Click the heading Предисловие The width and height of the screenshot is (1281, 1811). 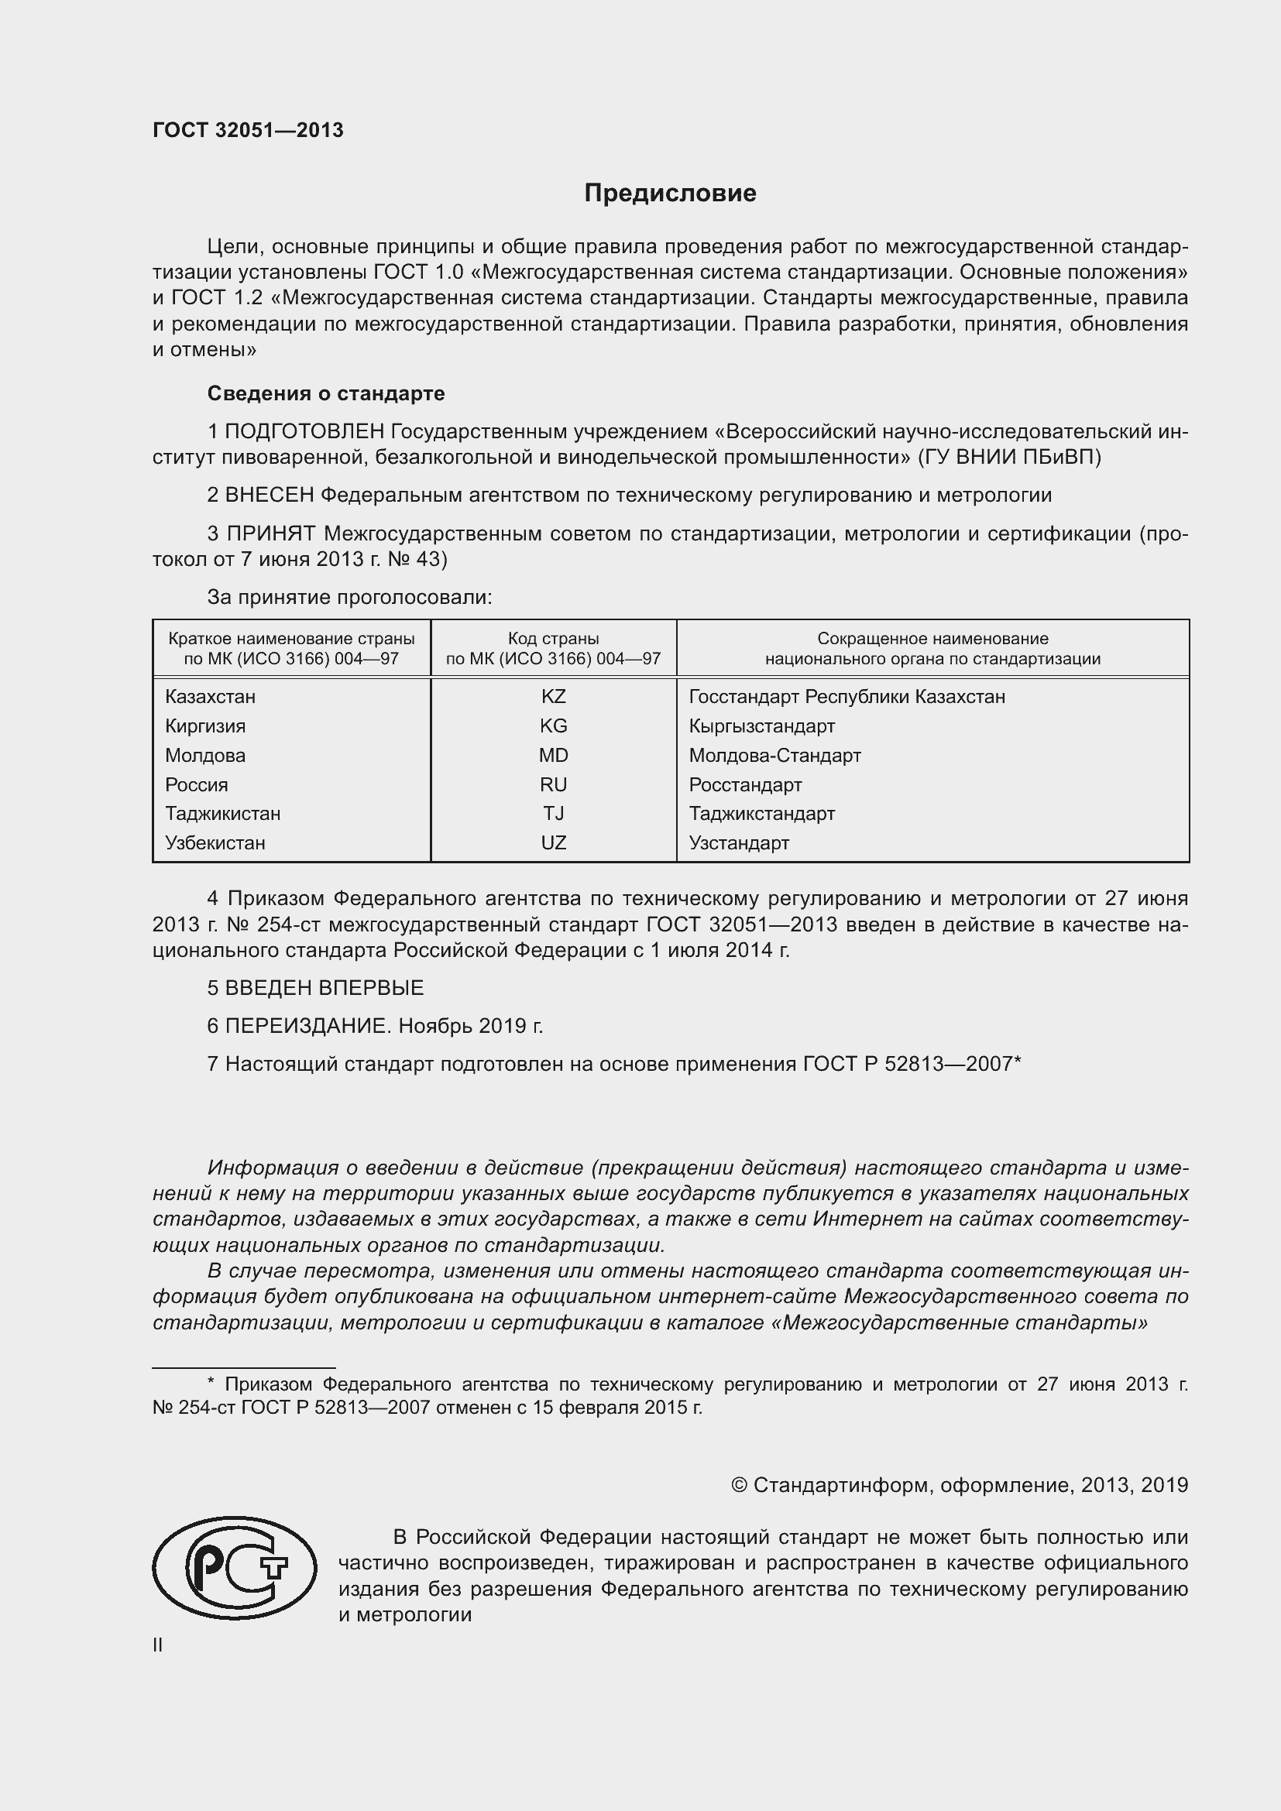click(x=670, y=194)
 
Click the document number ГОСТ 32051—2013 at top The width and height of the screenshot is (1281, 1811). click(x=248, y=130)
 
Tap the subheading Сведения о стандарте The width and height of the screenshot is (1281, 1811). click(x=326, y=393)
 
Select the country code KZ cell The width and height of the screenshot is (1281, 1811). click(x=553, y=697)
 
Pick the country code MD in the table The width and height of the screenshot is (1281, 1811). click(x=553, y=755)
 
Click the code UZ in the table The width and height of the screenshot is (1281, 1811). click(x=553, y=842)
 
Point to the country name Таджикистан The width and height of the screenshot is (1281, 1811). click(x=222, y=813)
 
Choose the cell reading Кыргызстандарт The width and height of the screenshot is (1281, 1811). click(x=761, y=725)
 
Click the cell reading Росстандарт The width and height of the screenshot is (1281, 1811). click(x=744, y=785)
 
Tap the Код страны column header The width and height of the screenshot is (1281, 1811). click(x=553, y=648)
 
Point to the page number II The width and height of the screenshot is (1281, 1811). click(x=158, y=1645)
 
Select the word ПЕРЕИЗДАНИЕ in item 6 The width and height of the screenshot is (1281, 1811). click(x=307, y=1025)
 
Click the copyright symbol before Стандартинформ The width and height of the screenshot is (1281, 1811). click(x=738, y=1485)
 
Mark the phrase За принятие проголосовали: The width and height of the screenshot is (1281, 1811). click(x=349, y=597)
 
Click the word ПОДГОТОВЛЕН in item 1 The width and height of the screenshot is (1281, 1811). click(x=304, y=431)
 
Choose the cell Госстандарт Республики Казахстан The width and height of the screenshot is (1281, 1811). click(x=847, y=697)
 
